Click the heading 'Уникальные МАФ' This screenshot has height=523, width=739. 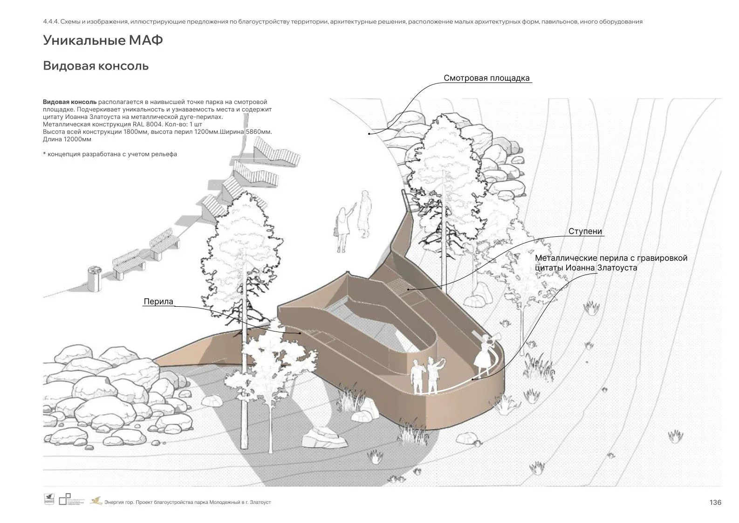[x=103, y=41]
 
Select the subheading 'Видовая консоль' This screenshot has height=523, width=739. [x=96, y=66]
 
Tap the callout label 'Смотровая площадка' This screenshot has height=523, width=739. [x=486, y=78]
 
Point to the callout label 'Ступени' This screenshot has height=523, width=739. [x=585, y=231]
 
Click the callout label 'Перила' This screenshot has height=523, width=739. [x=158, y=302]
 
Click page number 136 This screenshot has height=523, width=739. [x=715, y=502]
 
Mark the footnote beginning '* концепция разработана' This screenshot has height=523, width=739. [x=109, y=154]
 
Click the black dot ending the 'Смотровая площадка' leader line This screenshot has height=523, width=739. [x=369, y=134]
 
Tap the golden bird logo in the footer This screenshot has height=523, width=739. [x=96, y=501]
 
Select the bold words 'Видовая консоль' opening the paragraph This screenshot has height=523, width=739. [x=70, y=102]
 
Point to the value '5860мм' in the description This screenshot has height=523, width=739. [x=258, y=132]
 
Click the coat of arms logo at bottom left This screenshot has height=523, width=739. [x=49, y=499]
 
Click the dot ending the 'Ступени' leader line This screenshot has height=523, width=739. [x=409, y=289]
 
